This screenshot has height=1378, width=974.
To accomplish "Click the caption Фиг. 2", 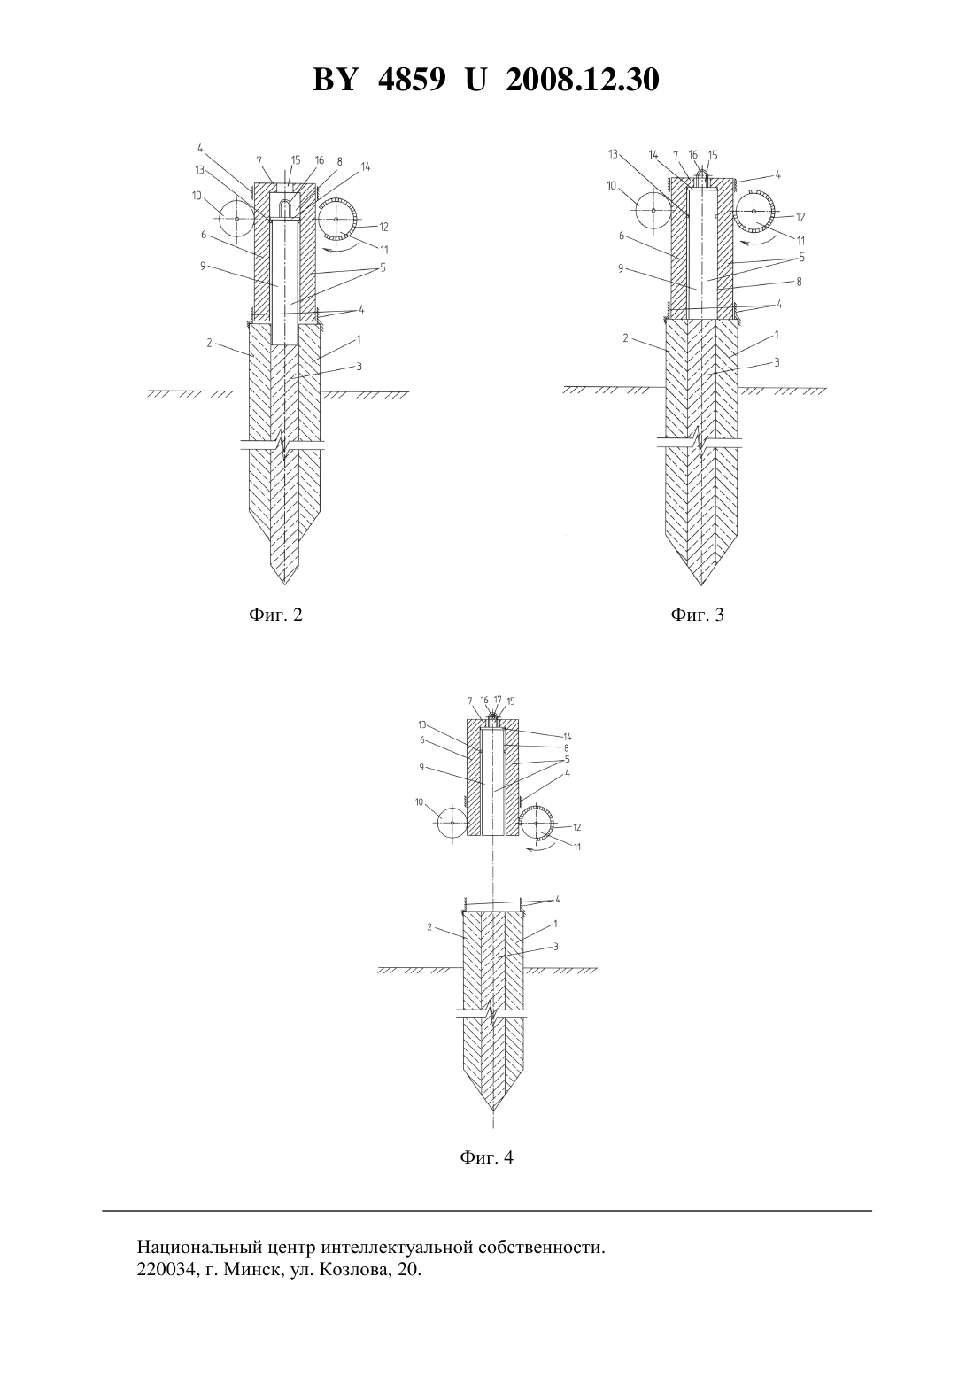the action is tap(275, 615).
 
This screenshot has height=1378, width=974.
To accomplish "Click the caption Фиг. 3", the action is tap(698, 615).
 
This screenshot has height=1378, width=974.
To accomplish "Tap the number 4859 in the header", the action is tap(411, 80).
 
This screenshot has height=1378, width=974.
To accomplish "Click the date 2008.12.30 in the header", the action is tap(583, 80).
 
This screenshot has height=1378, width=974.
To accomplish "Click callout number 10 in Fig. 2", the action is tap(197, 196).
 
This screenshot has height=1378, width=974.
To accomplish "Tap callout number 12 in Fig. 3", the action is tap(800, 217).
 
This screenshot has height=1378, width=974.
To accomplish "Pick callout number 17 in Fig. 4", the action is tap(498, 700).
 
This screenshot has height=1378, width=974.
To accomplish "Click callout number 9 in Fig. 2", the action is tap(203, 267).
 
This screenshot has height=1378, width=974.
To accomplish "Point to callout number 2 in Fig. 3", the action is tap(625, 337).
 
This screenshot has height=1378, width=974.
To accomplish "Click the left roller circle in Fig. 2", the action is tap(236, 219).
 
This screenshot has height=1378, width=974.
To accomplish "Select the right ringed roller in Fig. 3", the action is tap(754, 211).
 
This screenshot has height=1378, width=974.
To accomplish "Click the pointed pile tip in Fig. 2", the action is tap(284, 584).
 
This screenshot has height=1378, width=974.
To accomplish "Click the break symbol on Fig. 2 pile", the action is tap(283, 445).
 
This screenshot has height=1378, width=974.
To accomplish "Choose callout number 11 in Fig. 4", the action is tap(576, 848).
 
